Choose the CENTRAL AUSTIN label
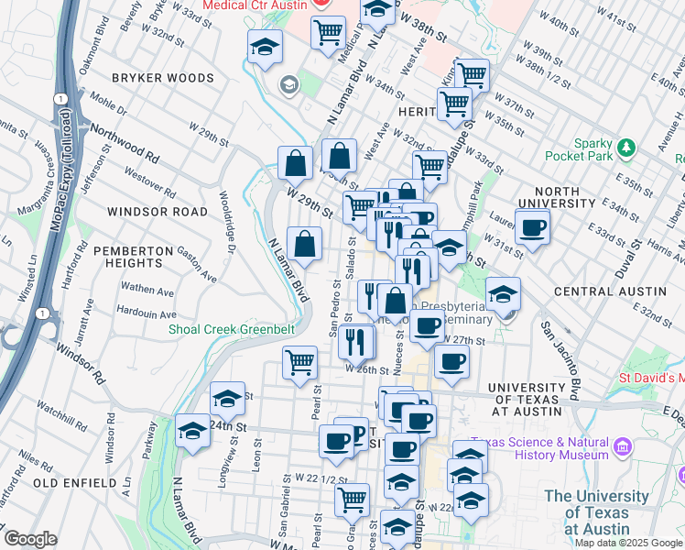[610, 291]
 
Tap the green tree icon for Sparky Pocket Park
[626, 147]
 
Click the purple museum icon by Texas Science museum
[623, 447]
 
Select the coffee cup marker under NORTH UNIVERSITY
[532, 228]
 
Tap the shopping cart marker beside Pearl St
[300, 363]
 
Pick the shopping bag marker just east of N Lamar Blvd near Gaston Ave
[303, 245]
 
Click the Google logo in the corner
[30, 539]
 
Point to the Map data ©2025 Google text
[628, 543]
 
